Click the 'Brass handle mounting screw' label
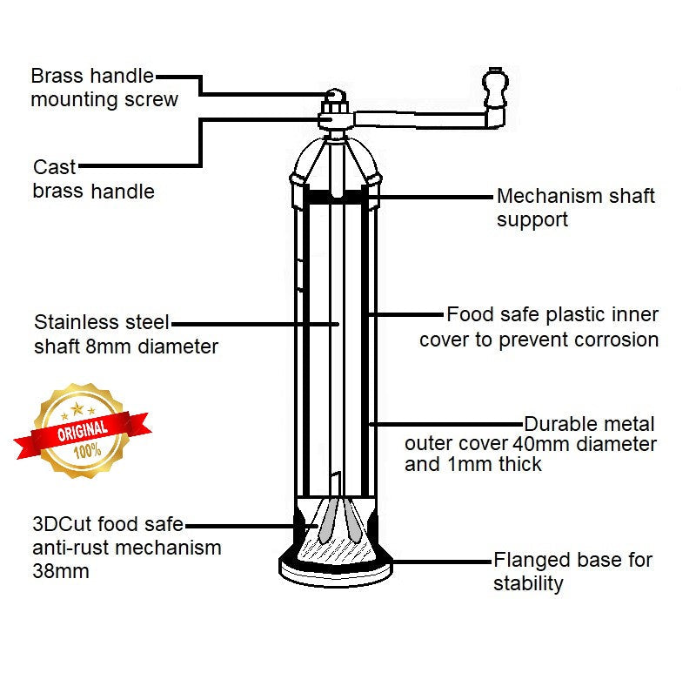pos(104,87)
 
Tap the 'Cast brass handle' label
pos(93,178)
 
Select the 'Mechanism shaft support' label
pos(575,208)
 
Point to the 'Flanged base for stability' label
pos(572,571)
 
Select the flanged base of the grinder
pos(336,567)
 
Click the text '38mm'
pos(61,571)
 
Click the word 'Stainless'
pos(76,323)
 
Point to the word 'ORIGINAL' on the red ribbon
pos(83,430)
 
